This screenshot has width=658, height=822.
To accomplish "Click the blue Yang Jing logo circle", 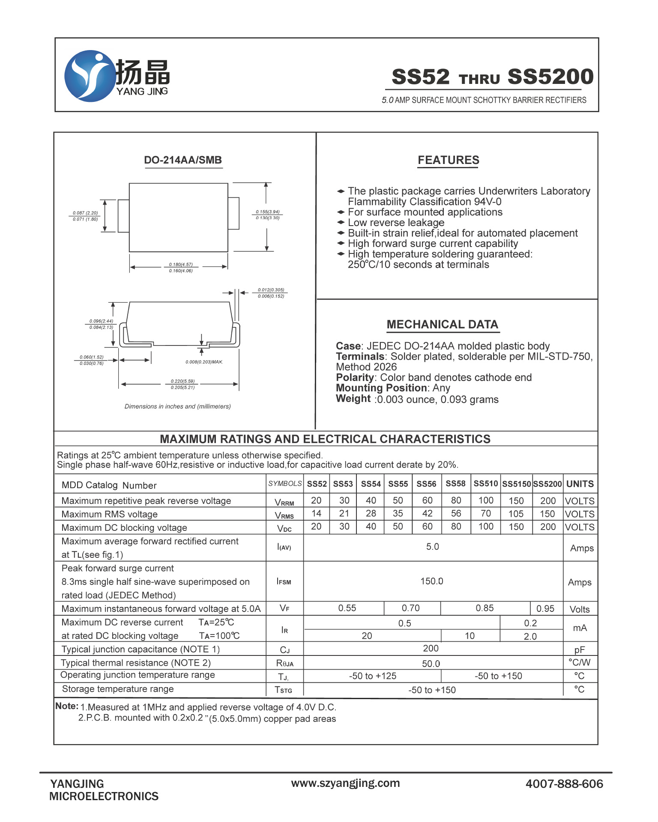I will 90,76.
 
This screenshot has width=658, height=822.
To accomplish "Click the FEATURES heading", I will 448,160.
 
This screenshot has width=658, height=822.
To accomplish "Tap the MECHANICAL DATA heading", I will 442,325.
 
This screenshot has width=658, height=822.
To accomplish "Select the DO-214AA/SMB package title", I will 183,160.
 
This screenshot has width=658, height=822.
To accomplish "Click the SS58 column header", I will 455,483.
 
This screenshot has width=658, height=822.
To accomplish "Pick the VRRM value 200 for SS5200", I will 547,500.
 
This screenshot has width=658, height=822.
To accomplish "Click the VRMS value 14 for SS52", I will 316,513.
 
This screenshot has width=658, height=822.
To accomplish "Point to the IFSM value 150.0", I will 431,581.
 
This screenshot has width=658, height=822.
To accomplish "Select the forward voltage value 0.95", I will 545,608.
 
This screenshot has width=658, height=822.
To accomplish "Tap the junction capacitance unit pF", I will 579,649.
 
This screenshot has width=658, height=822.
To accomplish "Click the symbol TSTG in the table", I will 284,690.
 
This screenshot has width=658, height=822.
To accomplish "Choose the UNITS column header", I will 580,484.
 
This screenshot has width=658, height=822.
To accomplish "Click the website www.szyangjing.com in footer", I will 345,783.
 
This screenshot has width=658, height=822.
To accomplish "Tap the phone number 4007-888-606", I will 564,783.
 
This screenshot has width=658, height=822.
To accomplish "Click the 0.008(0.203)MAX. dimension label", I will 204,362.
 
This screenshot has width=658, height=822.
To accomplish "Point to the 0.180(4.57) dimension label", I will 181,264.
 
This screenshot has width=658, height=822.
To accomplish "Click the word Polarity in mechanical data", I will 355,378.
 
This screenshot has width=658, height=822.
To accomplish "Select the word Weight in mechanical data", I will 353,399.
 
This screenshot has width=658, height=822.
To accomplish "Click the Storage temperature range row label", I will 118,689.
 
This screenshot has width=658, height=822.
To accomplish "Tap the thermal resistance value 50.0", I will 431,664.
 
